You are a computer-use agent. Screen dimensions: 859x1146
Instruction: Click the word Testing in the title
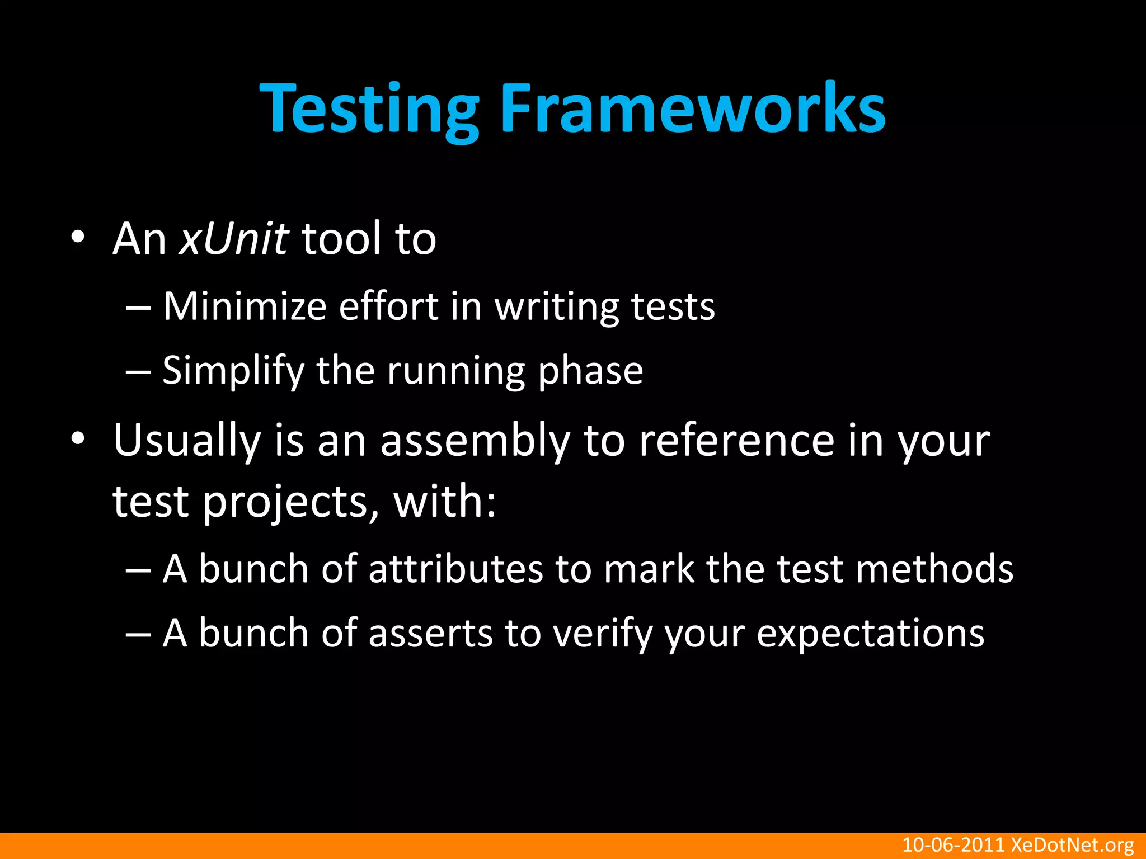pyautogui.click(x=369, y=109)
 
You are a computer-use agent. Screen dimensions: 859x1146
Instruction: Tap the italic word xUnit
pyautogui.click(x=234, y=239)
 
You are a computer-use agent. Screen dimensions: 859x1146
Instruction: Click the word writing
pyautogui.click(x=556, y=308)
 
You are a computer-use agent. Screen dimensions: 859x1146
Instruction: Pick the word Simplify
pyautogui.click(x=233, y=371)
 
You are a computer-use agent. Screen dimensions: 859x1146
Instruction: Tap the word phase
pyautogui.click(x=590, y=371)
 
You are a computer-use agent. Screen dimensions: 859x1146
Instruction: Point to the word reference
pyautogui.click(x=736, y=441)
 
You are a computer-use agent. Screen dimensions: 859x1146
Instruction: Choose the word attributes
pyautogui.click(x=456, y=569)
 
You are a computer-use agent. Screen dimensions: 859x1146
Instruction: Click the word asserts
pyautogui.click(x=431, y=634)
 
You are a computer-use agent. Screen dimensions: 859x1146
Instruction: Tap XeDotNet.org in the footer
pyautogui.click(x=1072, y=845)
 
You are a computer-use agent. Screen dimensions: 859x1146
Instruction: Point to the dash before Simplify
pyautogui.click(x=138, y=371)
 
